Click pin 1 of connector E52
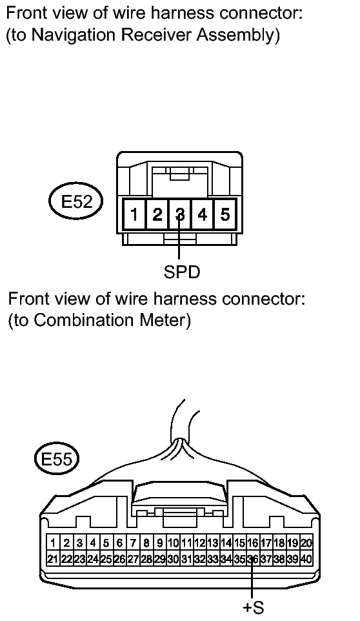pos(134,214)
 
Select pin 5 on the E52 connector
pos(225,214)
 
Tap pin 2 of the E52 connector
pos(157,214)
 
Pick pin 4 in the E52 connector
pos(203,214)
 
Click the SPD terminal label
pos(182,272)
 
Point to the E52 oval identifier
pos(77,201)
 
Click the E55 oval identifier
pos(57,460)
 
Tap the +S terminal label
pos(253,607)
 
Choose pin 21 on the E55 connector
pos(53,559)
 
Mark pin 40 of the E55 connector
pos(306,559)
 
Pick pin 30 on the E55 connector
pos(174,559)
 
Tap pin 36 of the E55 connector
pos(253,559)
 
